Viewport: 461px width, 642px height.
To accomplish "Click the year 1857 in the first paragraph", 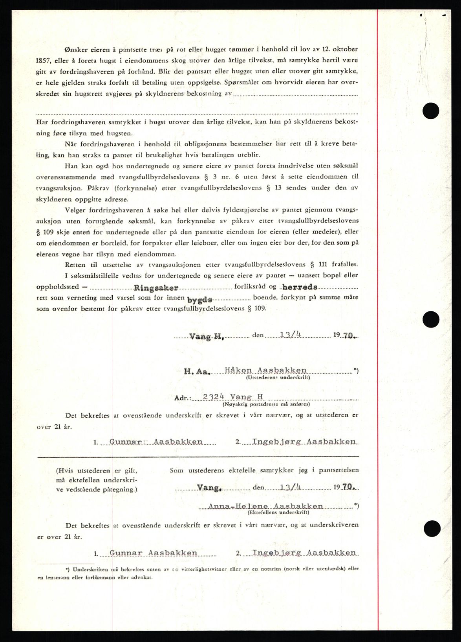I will click(44, 61).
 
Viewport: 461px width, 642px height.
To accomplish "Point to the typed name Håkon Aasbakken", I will click(265, 370).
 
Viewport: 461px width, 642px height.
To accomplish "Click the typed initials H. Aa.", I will click(197, 371).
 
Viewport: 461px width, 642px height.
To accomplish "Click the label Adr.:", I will click(183, 397).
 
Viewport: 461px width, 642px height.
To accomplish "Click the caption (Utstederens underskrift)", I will click(277, 378).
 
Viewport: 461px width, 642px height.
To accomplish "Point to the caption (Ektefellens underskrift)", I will click(278, 513).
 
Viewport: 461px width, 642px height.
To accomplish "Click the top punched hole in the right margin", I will click(430, 111).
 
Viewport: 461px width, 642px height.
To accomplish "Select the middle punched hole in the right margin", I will click(430, 319).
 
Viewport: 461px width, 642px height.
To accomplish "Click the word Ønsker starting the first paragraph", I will click(77, 50).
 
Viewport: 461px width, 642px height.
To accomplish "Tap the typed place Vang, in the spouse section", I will click(209, 488).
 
